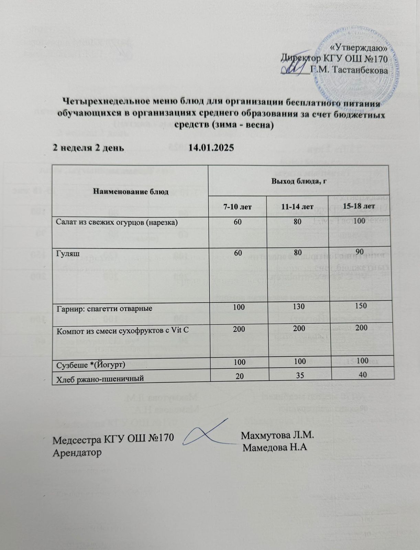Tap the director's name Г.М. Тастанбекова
click(349, 70)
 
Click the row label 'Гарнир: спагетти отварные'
click(104, 308)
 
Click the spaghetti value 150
click(361, 306)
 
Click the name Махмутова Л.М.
click(278, 435)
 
